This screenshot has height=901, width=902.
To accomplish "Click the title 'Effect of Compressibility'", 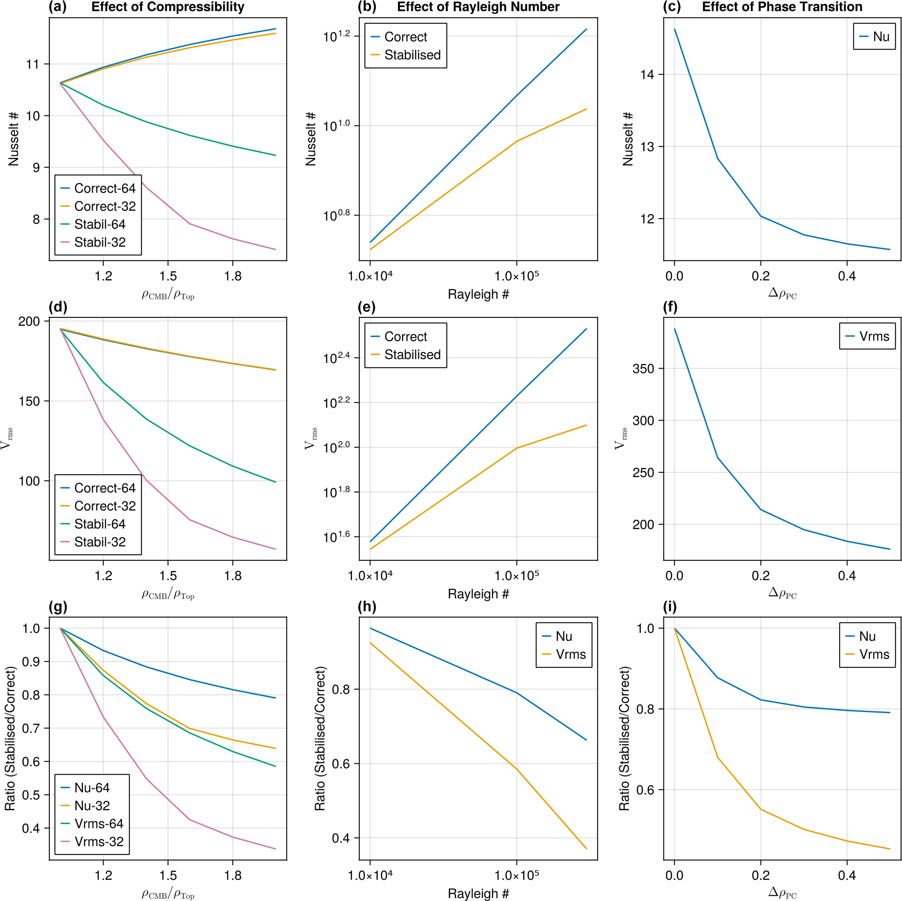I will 168,7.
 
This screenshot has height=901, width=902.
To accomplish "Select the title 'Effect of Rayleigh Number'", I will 478,7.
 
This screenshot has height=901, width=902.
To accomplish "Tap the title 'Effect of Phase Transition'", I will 782,7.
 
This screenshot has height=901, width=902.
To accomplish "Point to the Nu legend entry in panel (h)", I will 564,636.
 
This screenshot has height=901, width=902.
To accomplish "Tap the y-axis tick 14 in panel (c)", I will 647,74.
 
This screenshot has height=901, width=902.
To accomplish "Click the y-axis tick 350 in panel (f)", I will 643,369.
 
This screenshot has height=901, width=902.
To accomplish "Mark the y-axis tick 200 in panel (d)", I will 29,322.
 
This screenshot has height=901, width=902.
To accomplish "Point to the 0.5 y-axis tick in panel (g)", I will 31,795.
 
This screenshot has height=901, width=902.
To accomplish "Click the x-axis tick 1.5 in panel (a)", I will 168,276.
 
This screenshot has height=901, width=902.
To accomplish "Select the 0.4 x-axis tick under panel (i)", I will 847,876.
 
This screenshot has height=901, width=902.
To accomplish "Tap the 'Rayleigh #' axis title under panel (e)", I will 478,594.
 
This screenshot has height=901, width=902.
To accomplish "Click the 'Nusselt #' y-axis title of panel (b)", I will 311,139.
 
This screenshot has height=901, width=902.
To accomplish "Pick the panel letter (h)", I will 367,607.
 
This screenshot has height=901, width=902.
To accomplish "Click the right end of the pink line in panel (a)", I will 276,249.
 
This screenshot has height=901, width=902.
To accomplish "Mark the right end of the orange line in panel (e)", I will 586,425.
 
